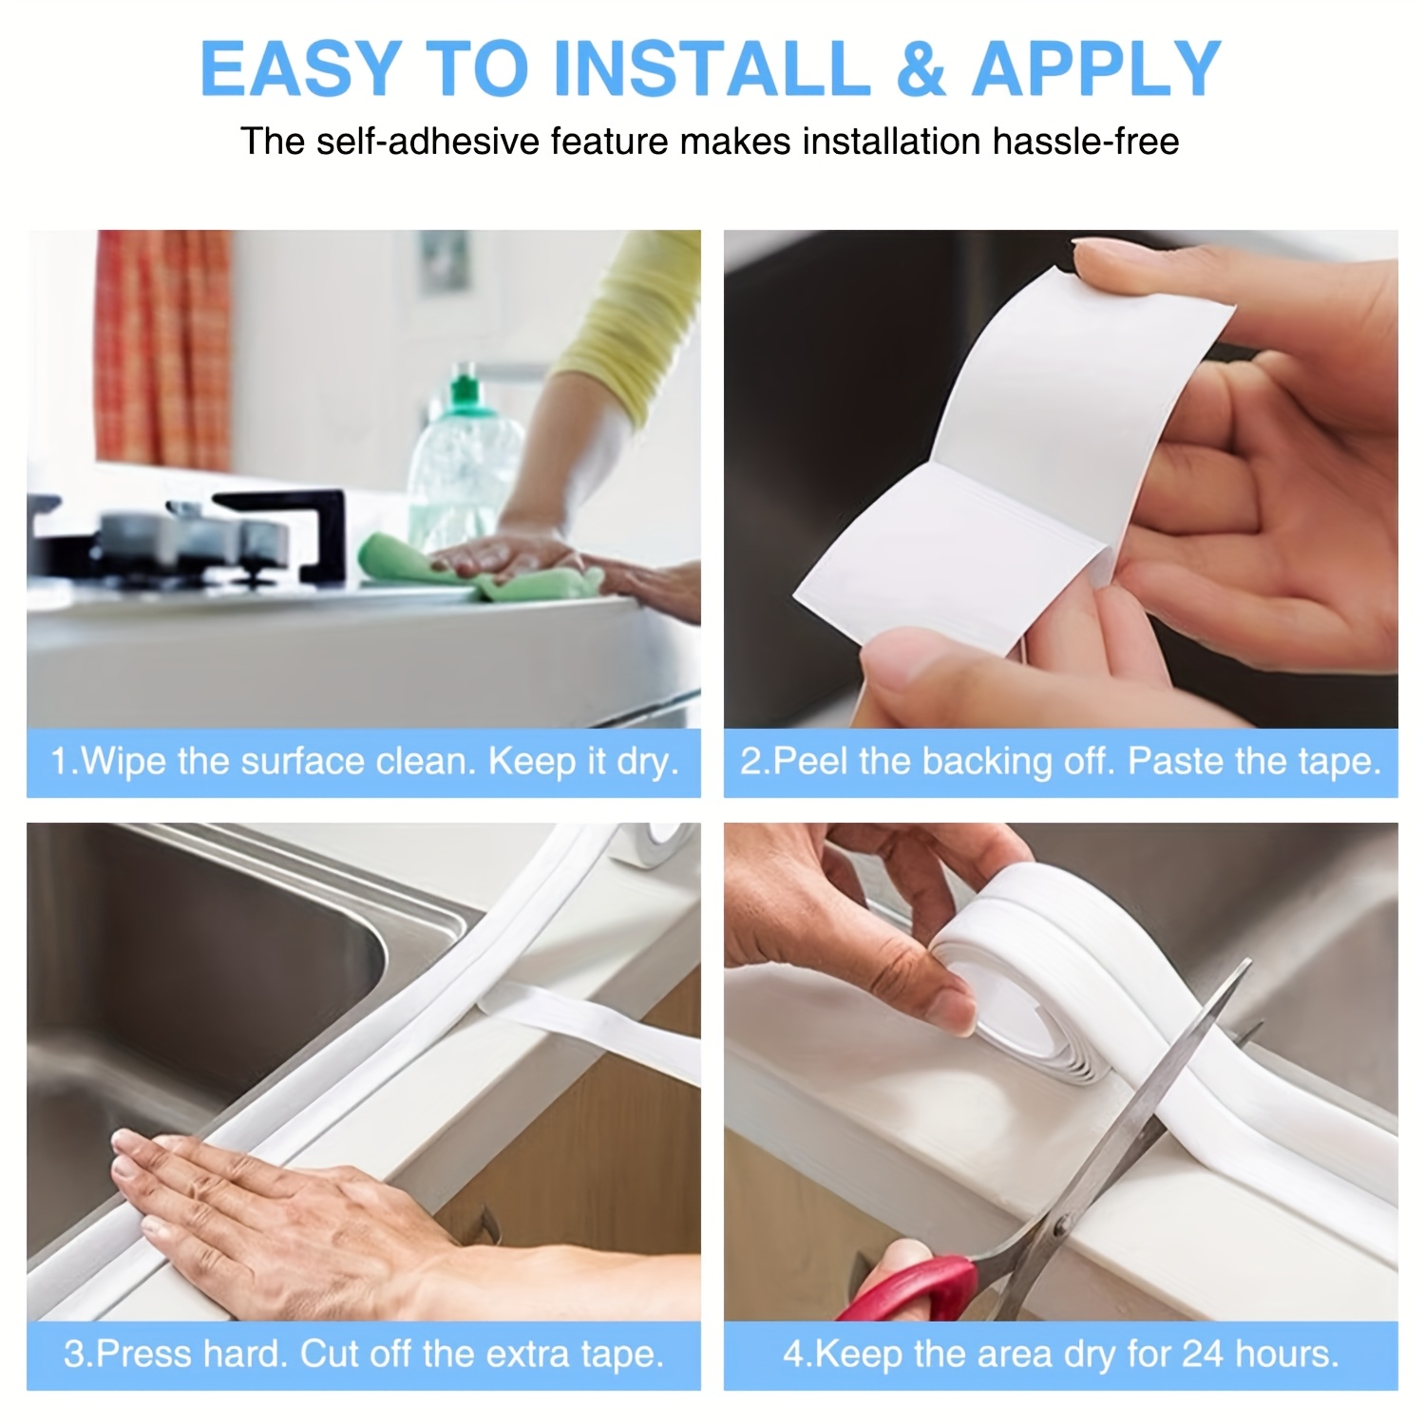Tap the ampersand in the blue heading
920,68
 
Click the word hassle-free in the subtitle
1085,142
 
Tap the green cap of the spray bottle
463,389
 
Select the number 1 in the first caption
59,762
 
